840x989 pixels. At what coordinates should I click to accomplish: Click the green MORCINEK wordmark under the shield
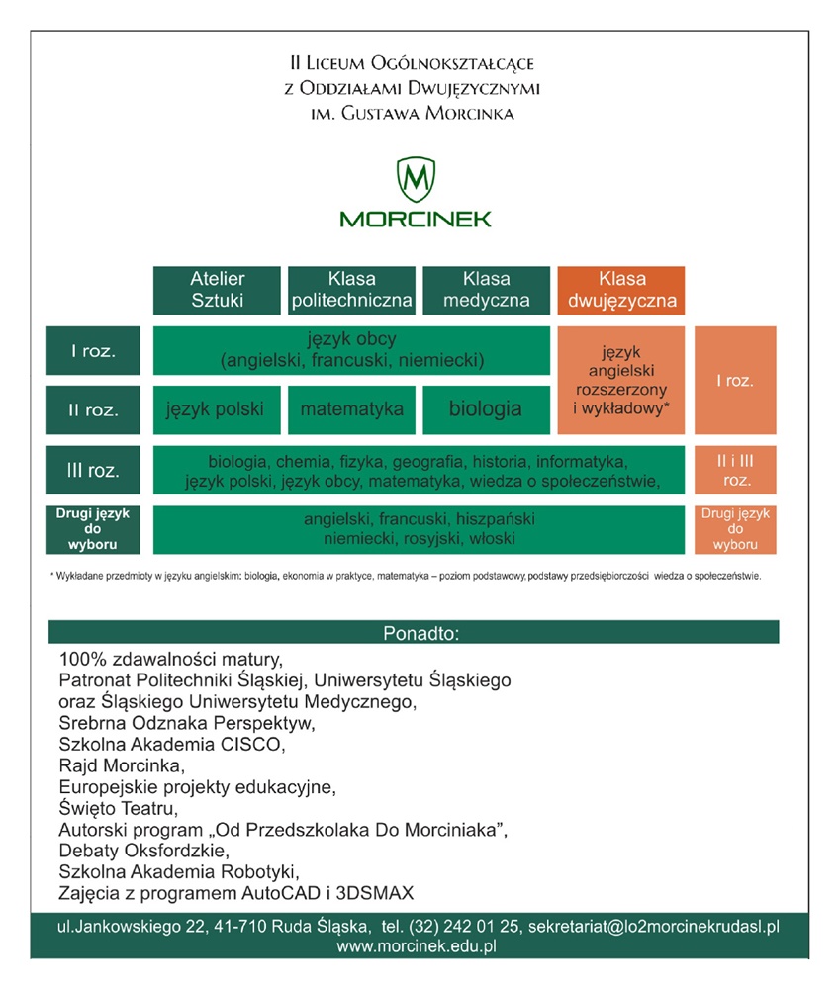pyautogui.click(x=416, y=219)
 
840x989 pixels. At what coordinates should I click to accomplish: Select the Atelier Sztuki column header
pyautogui.click(x=217, y=290)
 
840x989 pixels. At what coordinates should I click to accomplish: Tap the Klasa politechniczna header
pyautogui.click(x=350, y=290)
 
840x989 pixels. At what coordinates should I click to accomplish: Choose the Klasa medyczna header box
pyautogui.click(x=486, y=290)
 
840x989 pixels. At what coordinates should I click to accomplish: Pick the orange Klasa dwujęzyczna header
pyautogui.click(x=621, y=290)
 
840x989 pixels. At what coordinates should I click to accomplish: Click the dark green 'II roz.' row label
pyautogui.click(x=94, y=409)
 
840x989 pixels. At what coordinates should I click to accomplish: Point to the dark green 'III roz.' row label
pyautogui.click(x=94, y=471)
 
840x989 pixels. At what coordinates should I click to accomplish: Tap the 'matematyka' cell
pyautogui.click(x=351, y=408)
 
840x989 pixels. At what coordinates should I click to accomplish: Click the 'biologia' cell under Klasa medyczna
pyautogui.click(x=486, y=408)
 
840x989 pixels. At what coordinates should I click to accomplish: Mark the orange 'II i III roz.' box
pyautogui.click(x=734, y=471)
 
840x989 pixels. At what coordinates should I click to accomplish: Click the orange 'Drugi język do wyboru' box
pyautogui.click(x=734, y=529)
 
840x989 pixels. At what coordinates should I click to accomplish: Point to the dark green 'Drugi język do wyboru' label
pyautogui.click(x=94, y=529)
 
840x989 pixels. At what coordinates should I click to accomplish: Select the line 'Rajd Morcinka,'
pyautogui.click(x=122, y=765)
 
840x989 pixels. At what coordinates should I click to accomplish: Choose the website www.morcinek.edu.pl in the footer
pyautogui.click(x=416, y=946)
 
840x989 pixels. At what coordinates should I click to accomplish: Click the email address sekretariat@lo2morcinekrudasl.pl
pyautogui.click(x=654, y=927)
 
